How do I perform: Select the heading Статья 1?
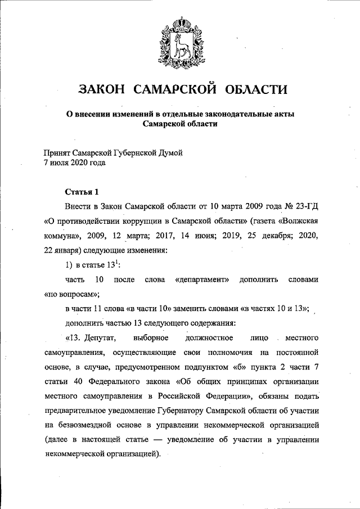pos(82,192)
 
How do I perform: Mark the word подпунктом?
pos(204,367)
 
